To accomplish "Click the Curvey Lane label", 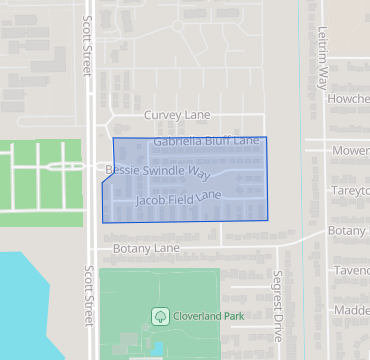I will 177,116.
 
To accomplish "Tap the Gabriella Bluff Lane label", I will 206,142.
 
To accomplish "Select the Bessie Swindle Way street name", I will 157,172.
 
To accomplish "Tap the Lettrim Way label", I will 322,59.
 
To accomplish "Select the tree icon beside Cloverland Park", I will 159,316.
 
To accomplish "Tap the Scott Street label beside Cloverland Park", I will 88,300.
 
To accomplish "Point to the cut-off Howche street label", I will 350,100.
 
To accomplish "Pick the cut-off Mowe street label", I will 351,151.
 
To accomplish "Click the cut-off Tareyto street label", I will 351,190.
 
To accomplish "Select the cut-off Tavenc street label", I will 351,270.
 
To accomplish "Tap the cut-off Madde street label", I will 351,310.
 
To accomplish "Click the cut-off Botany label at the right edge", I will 349,231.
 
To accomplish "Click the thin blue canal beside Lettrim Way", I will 299,60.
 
